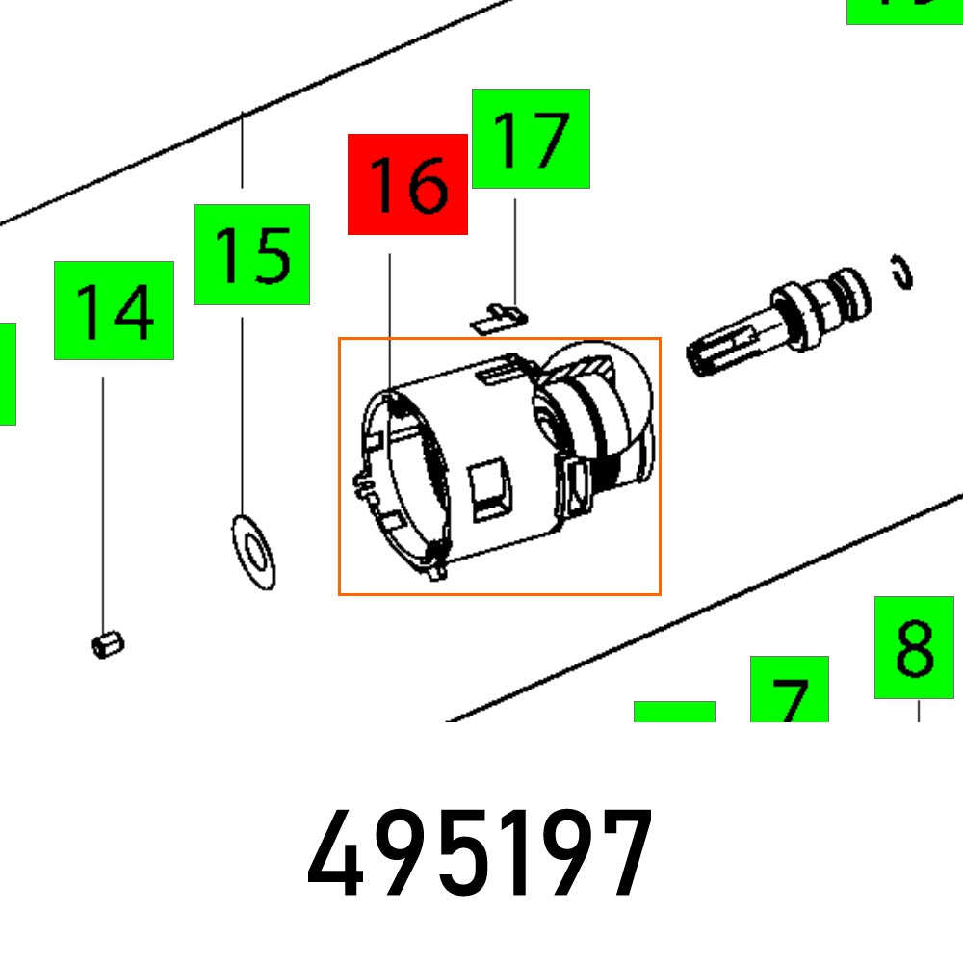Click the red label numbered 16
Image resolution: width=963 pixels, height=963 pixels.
[x=407, y=184]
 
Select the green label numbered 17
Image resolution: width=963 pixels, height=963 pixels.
[x=531, y=139]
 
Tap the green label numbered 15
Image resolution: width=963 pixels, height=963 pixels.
[x=251, y=254]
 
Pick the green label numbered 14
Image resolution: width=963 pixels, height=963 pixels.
[x=114, y=310]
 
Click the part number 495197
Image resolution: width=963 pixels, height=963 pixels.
[x=480, y=853]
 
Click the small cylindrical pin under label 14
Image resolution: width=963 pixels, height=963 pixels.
[x=108, y=643]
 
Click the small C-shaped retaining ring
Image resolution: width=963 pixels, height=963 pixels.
[x=902, y=272]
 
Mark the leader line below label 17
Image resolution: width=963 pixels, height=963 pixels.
[x=514, y=250]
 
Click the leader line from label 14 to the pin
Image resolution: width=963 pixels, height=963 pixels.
[x=104, y=501]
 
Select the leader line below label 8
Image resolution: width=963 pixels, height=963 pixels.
[x=918, y=710]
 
